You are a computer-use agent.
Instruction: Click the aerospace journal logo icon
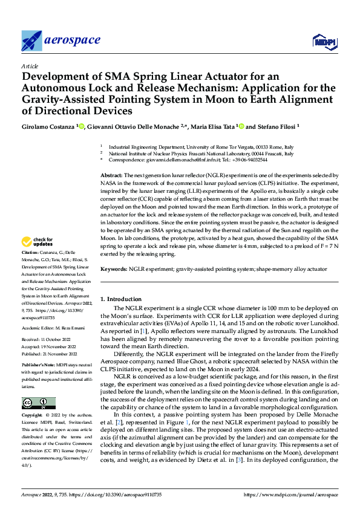coord(31,41)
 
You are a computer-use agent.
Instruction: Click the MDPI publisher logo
coord(324,41)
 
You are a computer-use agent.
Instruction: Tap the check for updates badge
coord(38,242)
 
